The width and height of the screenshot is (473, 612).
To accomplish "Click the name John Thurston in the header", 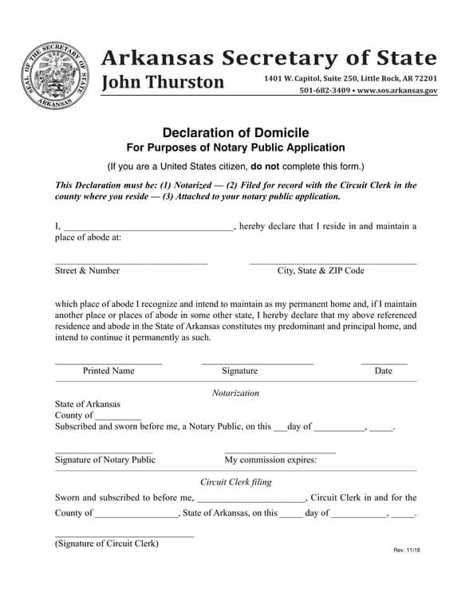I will [x=163, y=83].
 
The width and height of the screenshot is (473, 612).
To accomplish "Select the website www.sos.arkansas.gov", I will [x=397, y=91].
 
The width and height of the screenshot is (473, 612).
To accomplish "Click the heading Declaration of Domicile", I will [x=235, y=132].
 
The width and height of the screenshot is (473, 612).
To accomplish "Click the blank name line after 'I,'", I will [x=148, y=227].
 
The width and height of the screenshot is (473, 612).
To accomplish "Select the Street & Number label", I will [x=87, y=271].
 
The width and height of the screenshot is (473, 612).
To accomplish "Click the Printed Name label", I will [x=108, y=371].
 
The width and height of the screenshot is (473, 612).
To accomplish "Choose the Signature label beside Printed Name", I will [x=239, y=371].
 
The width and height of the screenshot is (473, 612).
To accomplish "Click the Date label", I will [x=383, y=371].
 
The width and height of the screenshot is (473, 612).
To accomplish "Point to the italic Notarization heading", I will [x=235, y=393].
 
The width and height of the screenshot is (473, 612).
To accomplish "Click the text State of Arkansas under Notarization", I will [x=88, y=404].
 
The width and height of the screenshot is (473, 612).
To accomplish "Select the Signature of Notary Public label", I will [x=104, y=460].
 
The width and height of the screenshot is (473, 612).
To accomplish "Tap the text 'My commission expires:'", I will [x=270, y=460].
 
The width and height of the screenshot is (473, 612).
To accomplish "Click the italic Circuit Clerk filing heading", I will [x=235, y=482].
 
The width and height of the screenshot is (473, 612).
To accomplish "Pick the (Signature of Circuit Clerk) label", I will [x=106, y=543].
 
